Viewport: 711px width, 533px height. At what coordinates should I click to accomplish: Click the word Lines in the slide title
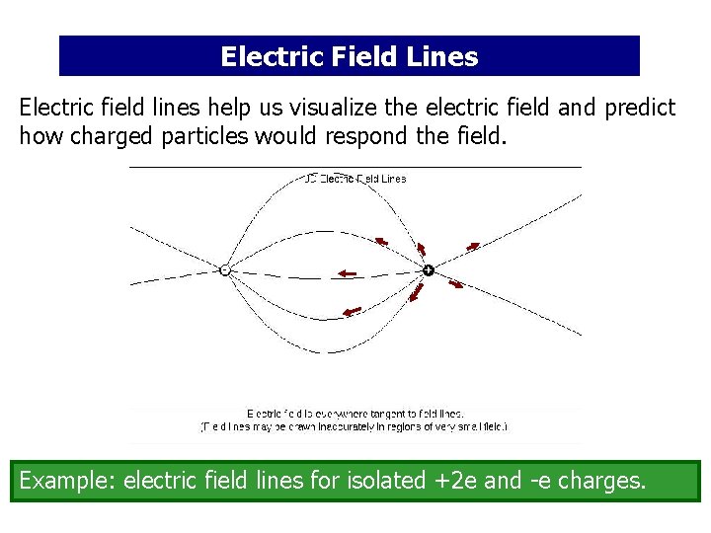[441, 57]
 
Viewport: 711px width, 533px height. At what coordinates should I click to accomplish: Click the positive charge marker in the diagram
[429, 269]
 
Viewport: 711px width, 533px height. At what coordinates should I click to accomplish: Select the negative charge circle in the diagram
[225, 269]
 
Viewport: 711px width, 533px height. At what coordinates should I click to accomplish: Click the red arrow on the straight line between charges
[347, 273]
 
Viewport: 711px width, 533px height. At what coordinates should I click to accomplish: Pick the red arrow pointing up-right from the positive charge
[473, 245]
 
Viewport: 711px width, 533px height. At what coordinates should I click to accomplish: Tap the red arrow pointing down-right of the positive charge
[456, 284]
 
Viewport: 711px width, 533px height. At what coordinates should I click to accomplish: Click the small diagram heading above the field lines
[355, 179]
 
